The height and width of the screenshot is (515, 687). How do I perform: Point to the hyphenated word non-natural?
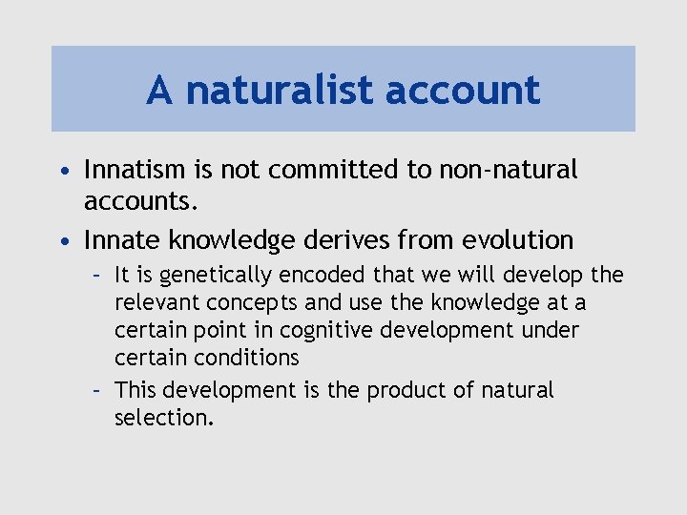pyautogui.click(x=508, y=170)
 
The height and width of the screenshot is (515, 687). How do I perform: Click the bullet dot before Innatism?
pyautogui.click(x=63, y=172)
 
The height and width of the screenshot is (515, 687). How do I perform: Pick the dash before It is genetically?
pyautogui.click(x=96, y=277)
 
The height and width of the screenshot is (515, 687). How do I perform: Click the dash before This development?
pyautogui.click(x=96, y=390)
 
